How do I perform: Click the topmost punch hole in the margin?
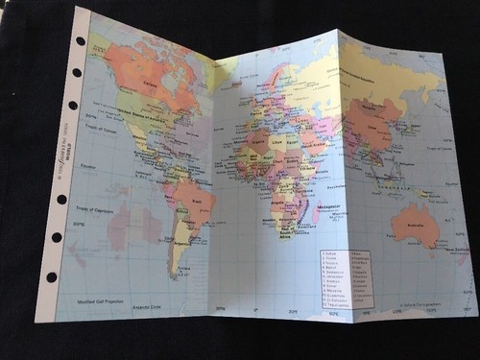click(80, 40)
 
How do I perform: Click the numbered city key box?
click(346, 277)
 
